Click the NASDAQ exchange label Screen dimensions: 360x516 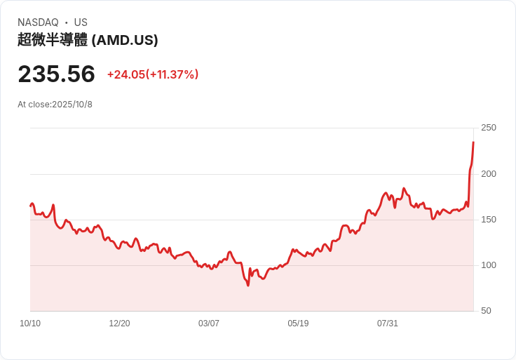(x=38, y=22)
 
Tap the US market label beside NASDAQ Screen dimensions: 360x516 (x=81, y=22)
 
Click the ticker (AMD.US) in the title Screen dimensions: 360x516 (x=125, y=40)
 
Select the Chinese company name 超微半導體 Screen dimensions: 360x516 (x=53, y=40)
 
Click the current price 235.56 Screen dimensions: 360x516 (x=56, y=74)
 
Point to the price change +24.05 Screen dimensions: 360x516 (x=125, y=74)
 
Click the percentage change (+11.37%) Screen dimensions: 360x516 (x=172, y=74)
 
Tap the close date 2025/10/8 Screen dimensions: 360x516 (x=72, y=105)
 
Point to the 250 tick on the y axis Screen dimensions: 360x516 (x=488, y=128)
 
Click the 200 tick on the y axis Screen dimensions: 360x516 (x=488, y=173)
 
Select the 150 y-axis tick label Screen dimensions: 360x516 (x=488, y=220)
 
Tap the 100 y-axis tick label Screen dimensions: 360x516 (x=488, y=265)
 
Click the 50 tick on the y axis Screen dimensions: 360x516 (x=486, y=311)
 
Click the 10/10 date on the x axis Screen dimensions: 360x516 (x=30, y=324)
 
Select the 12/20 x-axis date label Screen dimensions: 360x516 (x=119, y=324)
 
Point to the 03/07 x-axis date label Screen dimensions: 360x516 (x=209, y=324)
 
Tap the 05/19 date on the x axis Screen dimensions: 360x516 (x=298, y=324)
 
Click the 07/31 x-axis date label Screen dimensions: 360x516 (x=388, y=324)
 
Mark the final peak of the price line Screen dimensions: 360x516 (x=473, y=142)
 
